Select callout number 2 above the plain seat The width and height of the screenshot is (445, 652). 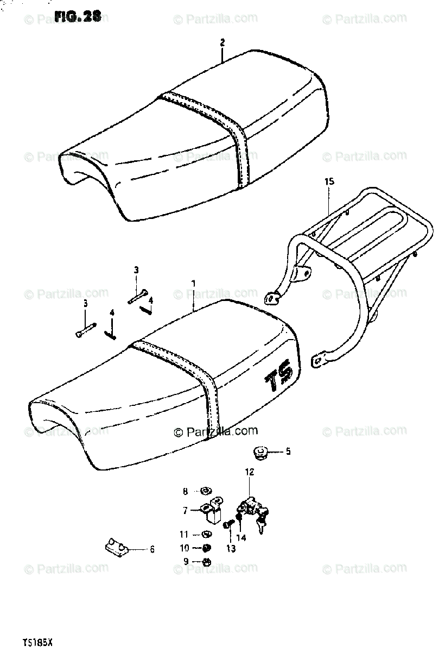(x=222, y=42)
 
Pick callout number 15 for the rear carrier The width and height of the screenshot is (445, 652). (x=328, y=181)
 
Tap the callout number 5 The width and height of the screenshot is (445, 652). (x=288, y=451)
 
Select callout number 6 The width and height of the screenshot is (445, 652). (x=152, y=549)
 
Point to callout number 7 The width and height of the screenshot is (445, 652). (x=185, y=510)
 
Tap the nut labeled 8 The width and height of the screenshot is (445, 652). (x=205, y=491)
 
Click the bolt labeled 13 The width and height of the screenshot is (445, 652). (x=227, y=525)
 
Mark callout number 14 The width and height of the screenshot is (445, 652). (x=241, y=538)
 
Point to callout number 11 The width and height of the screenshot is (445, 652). (x=185, y=534)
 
